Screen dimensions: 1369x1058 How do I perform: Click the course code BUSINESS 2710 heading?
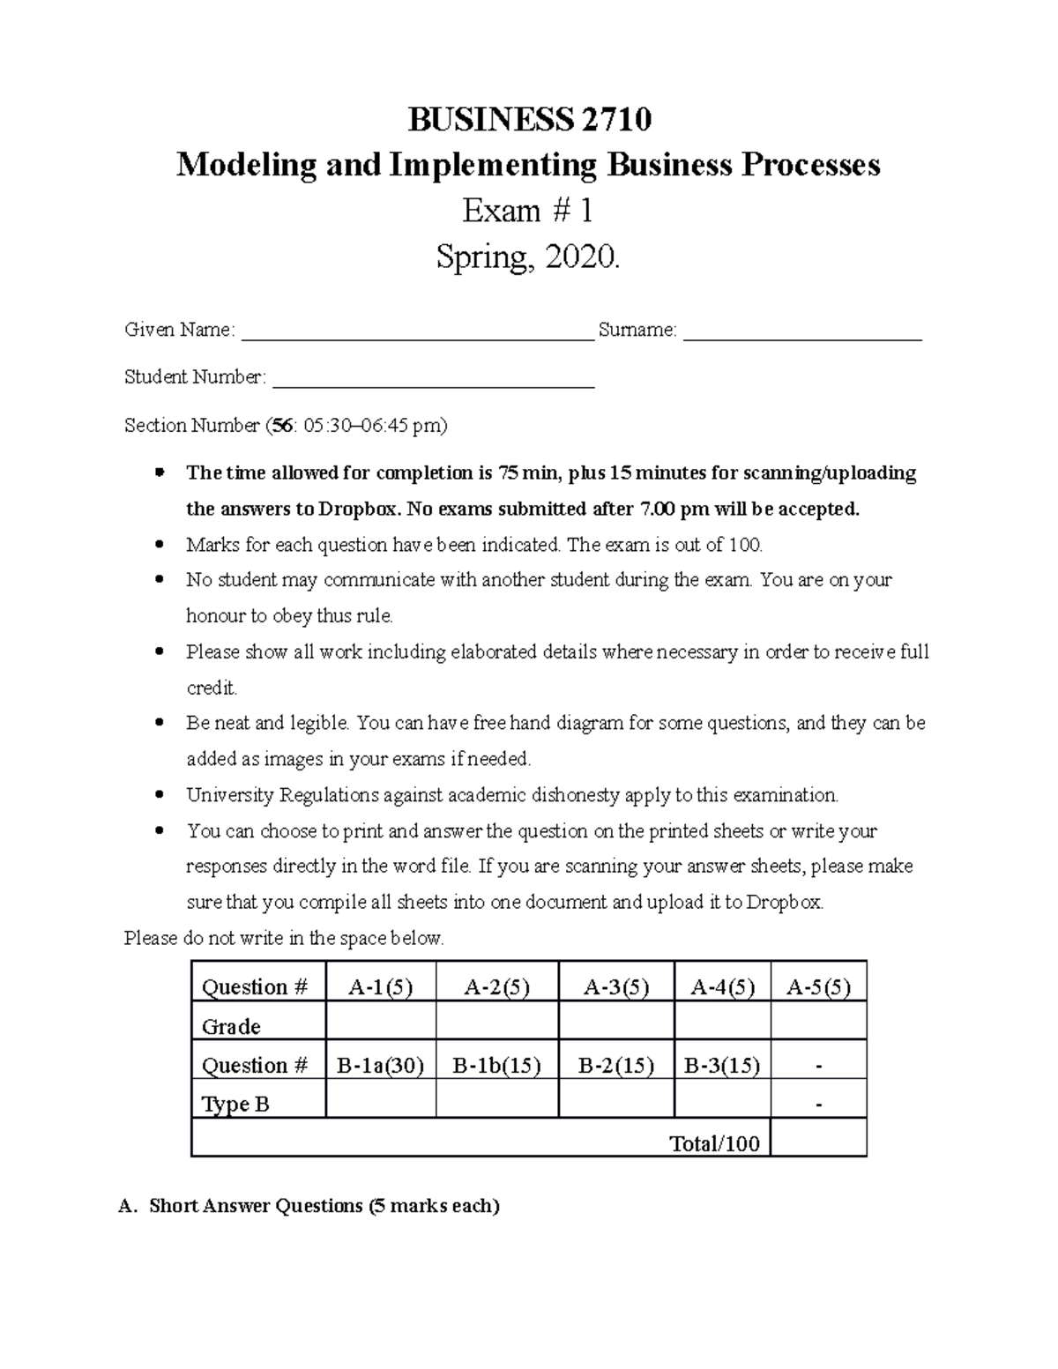[529, 119]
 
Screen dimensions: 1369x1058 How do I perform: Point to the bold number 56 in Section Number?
[282, 427]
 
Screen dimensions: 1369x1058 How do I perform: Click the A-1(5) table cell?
[380, 986]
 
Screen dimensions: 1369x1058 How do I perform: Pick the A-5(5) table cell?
[818, 986]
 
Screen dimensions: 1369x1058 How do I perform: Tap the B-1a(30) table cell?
[380, 1065]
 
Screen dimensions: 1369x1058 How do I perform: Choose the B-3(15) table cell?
[722, 1065]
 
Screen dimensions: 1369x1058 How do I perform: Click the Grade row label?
[231, 1026]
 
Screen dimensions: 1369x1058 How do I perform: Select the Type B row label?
[235, 1104]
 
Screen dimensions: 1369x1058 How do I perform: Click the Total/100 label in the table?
[714, 1143]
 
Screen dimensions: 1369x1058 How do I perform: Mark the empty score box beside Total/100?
[818, 1138]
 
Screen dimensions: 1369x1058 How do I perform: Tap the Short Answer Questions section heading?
[324, 1205]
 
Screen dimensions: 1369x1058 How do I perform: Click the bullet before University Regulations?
[159, 795]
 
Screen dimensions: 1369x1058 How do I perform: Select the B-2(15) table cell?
[616, 1065]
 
